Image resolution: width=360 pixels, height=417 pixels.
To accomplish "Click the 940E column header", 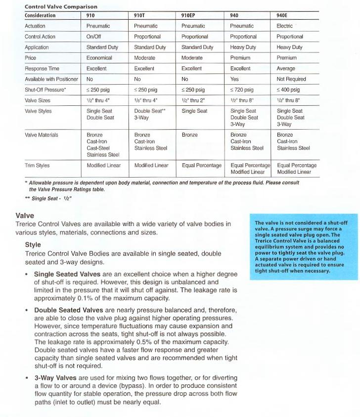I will tap(282, 15).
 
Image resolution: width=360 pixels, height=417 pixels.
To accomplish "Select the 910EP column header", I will tap(188, 15).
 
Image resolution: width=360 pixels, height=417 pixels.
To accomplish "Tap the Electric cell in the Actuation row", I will tap(285, 26).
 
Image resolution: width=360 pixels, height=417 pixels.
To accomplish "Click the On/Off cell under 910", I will tap(93, 37).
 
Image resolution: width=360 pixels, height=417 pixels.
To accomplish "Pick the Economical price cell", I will tap(99, 58).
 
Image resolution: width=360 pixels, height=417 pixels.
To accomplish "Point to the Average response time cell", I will tap(286, 69).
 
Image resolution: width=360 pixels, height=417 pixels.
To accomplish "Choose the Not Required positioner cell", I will tap(291, 79).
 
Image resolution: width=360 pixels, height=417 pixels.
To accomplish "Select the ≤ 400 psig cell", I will tap(288, 90).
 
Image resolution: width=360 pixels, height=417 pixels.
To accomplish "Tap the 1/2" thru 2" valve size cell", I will tap(193, 100).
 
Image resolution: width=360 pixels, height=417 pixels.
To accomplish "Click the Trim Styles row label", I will tap(37, 166).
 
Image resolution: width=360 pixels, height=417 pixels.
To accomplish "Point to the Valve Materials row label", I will tap(42, 135).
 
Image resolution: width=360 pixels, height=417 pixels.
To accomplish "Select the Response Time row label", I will tap(42, 69).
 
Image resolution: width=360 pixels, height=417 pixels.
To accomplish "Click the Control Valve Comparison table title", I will tap(54, 7).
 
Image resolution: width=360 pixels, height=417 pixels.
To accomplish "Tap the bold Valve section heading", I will tap(25, 216).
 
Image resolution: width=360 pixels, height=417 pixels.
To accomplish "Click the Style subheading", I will tap(33, 245).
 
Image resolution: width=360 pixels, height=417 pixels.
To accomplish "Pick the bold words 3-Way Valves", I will tap(55, 378).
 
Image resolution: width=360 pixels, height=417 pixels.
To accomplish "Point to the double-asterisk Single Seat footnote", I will tap(52, 198).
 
